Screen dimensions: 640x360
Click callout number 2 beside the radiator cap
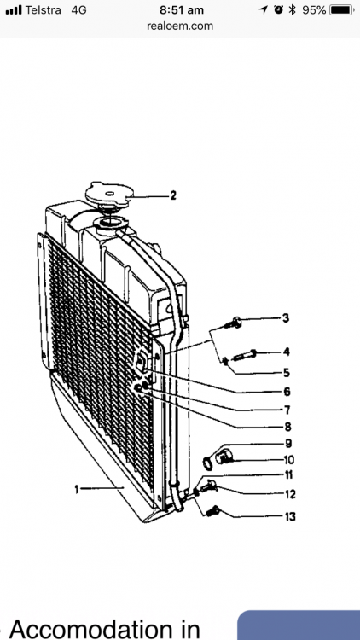pyautogui.click(x=173, y=195)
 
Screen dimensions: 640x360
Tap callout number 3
pyautogui.click(x=287, y=317)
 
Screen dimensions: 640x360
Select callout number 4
pyautogui.click(x=287, y=351)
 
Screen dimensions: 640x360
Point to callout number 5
pyautogui.click(x=287, y=372)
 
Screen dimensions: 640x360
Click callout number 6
pyautogui.click(x=287, y=392)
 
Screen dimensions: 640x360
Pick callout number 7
pyautogui.click(x=287, y=410)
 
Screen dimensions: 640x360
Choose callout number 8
pyautogui.click(x=287, y=426)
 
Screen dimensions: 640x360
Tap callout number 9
pyautogui.click(x=288, y=443)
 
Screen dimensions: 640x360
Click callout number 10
pyautogui.click(x=288, y=461)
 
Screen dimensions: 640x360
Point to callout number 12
pyautogui.click(x=289, y=493)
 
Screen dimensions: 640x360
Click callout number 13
pyautogui.click(x=289, y=516)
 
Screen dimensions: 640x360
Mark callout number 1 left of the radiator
pyautogui.click(x=77, y=489)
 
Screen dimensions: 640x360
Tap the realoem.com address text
pyautogui.click(x=180, y=26)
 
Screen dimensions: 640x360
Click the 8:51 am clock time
pyautogui.click(x=180, y=9)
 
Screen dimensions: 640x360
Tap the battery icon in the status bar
pyautogui.click(x=341, y=9)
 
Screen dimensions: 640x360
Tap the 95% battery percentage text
pyautogui.click(x=314, y=9)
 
